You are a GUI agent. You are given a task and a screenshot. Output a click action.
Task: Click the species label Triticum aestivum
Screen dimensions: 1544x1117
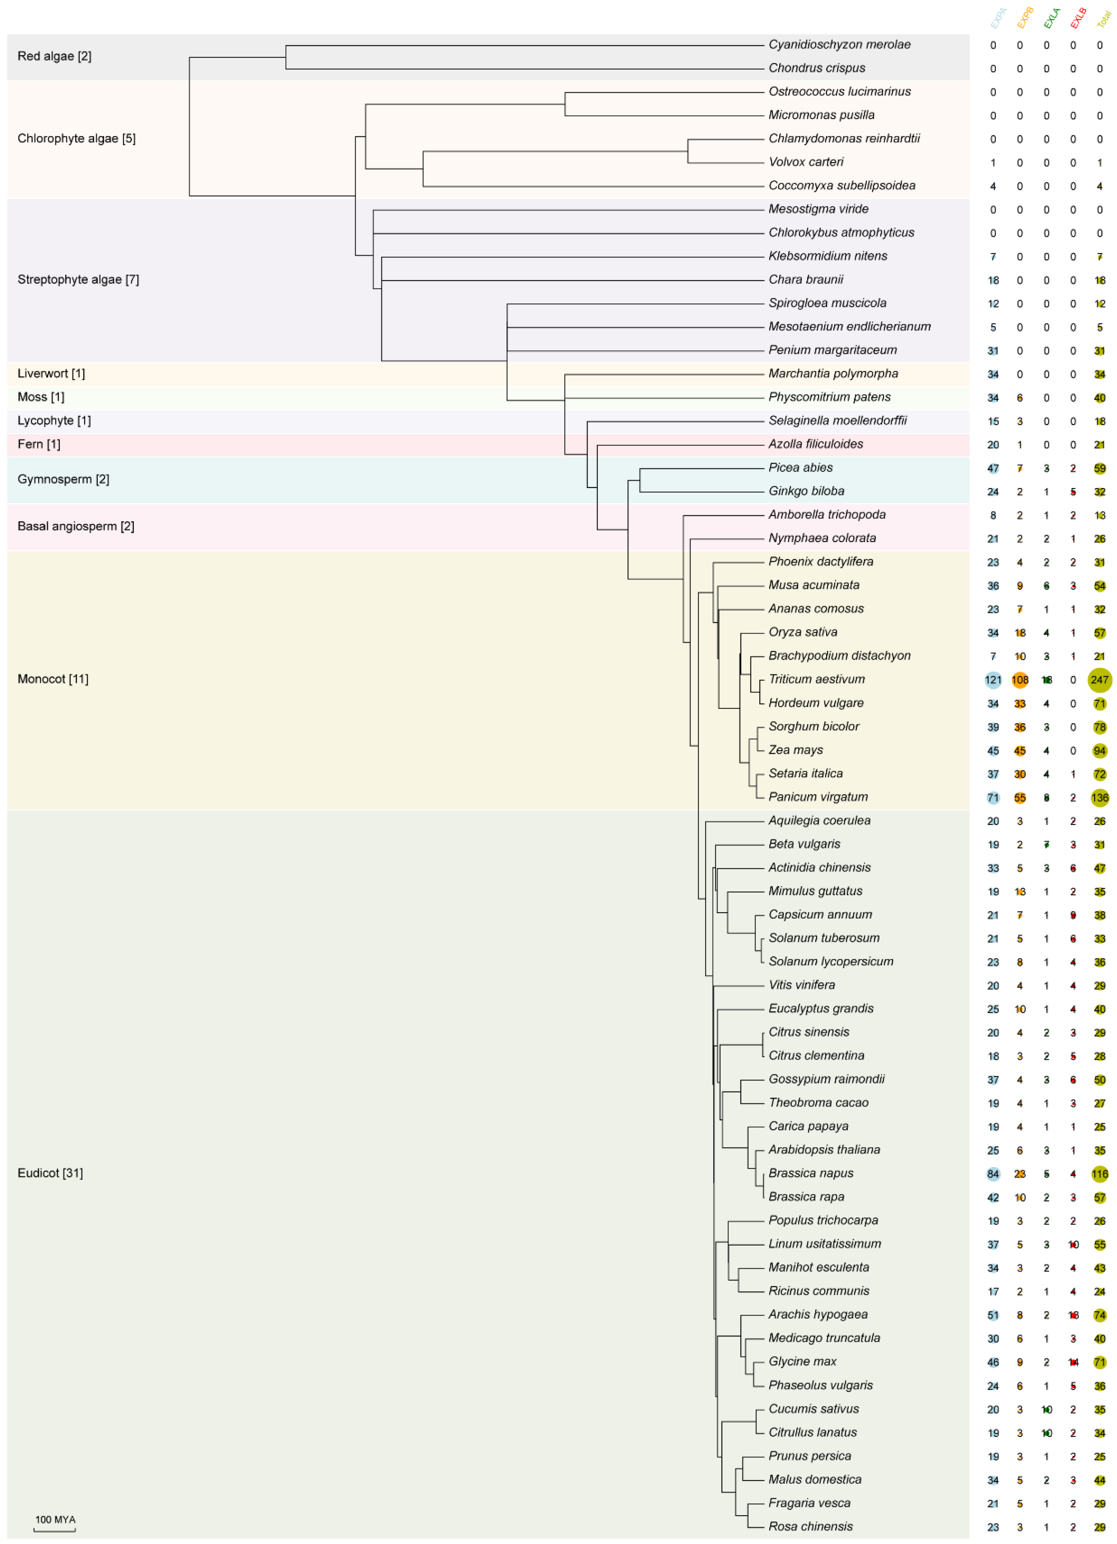click(816, 679)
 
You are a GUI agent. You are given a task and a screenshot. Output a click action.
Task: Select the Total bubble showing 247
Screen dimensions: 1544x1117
click(1099, 679)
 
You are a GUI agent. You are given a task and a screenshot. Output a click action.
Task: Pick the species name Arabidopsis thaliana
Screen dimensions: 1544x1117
click(824, 1149)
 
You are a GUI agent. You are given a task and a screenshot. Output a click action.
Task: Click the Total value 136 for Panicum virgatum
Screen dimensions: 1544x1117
click(1099, 797)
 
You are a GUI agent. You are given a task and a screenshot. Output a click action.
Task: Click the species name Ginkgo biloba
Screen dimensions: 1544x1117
click(806, 491)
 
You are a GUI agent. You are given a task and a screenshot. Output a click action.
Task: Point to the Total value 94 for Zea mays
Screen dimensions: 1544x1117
click(1099, 750)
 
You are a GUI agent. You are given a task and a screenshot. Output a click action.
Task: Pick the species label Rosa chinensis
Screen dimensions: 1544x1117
click(810, 1526)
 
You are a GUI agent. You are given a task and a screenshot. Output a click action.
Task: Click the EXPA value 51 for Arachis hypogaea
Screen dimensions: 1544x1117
click(993, 1315)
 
